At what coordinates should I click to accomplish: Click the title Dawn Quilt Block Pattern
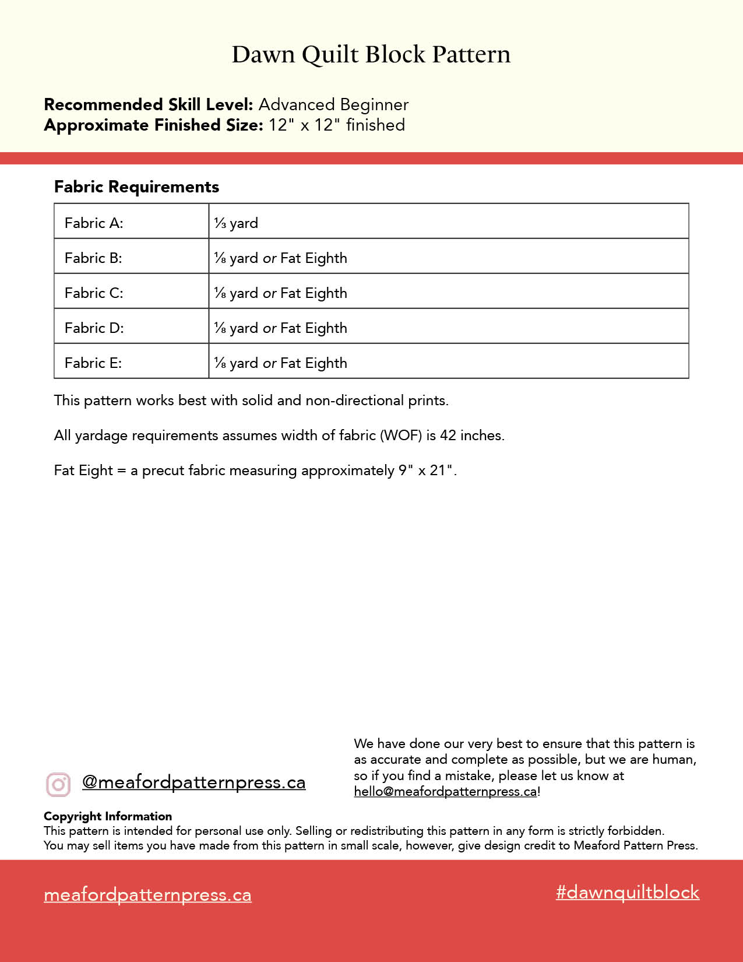[x=371, y=54]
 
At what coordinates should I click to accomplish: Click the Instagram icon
[x=58, y=784]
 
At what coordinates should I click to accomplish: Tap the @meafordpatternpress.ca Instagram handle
[x=193, y=782]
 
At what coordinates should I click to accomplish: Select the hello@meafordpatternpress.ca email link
[x=445, y=792]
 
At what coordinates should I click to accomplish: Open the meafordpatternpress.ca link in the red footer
[x=147, y=895]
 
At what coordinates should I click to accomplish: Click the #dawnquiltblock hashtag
[x=628, y=892]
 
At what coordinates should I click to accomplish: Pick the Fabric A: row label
[x=94, y=223]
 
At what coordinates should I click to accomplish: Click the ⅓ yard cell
[x=236, y=223]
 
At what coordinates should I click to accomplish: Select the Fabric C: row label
[x=94, y=293]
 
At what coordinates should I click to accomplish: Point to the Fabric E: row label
[x=93, y=363]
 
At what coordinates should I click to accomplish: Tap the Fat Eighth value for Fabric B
[x=314, y=258]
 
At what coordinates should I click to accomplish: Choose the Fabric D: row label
[x=94, y=328]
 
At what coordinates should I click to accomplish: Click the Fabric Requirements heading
[x=136, y=187]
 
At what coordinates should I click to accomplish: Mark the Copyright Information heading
[x=108, y=816]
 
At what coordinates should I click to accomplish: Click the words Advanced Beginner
[x=333, y=105]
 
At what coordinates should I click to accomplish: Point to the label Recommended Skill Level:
[x=149, y=105]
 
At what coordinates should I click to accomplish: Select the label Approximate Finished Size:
[x=154, y=125]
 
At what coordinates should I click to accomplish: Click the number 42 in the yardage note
[x=448, y=436]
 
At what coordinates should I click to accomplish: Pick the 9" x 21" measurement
[x=426, y=471]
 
